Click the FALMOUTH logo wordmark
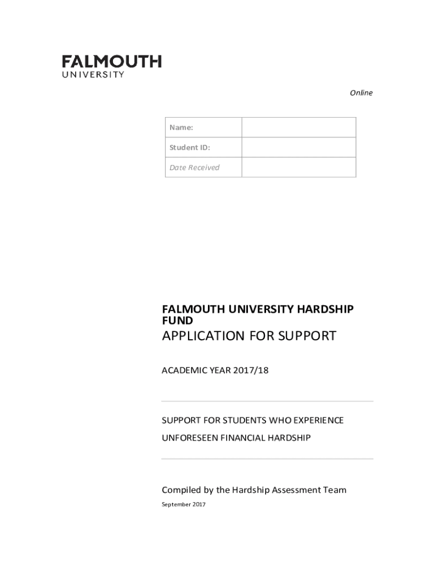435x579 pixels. point(111,61)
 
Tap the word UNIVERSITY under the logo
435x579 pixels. point(93,74)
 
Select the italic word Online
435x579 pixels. point(361,93)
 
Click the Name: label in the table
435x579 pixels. point(181,128)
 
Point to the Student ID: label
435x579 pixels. point(190,148)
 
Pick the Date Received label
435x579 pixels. point(194,167)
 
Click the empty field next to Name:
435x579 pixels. point(298,128)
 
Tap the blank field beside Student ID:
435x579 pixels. point(298,148)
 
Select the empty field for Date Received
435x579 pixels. point(298,167)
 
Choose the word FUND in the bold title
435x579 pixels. point(177,321)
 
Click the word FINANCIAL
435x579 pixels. point(244,438)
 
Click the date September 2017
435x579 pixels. point(184,504)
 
